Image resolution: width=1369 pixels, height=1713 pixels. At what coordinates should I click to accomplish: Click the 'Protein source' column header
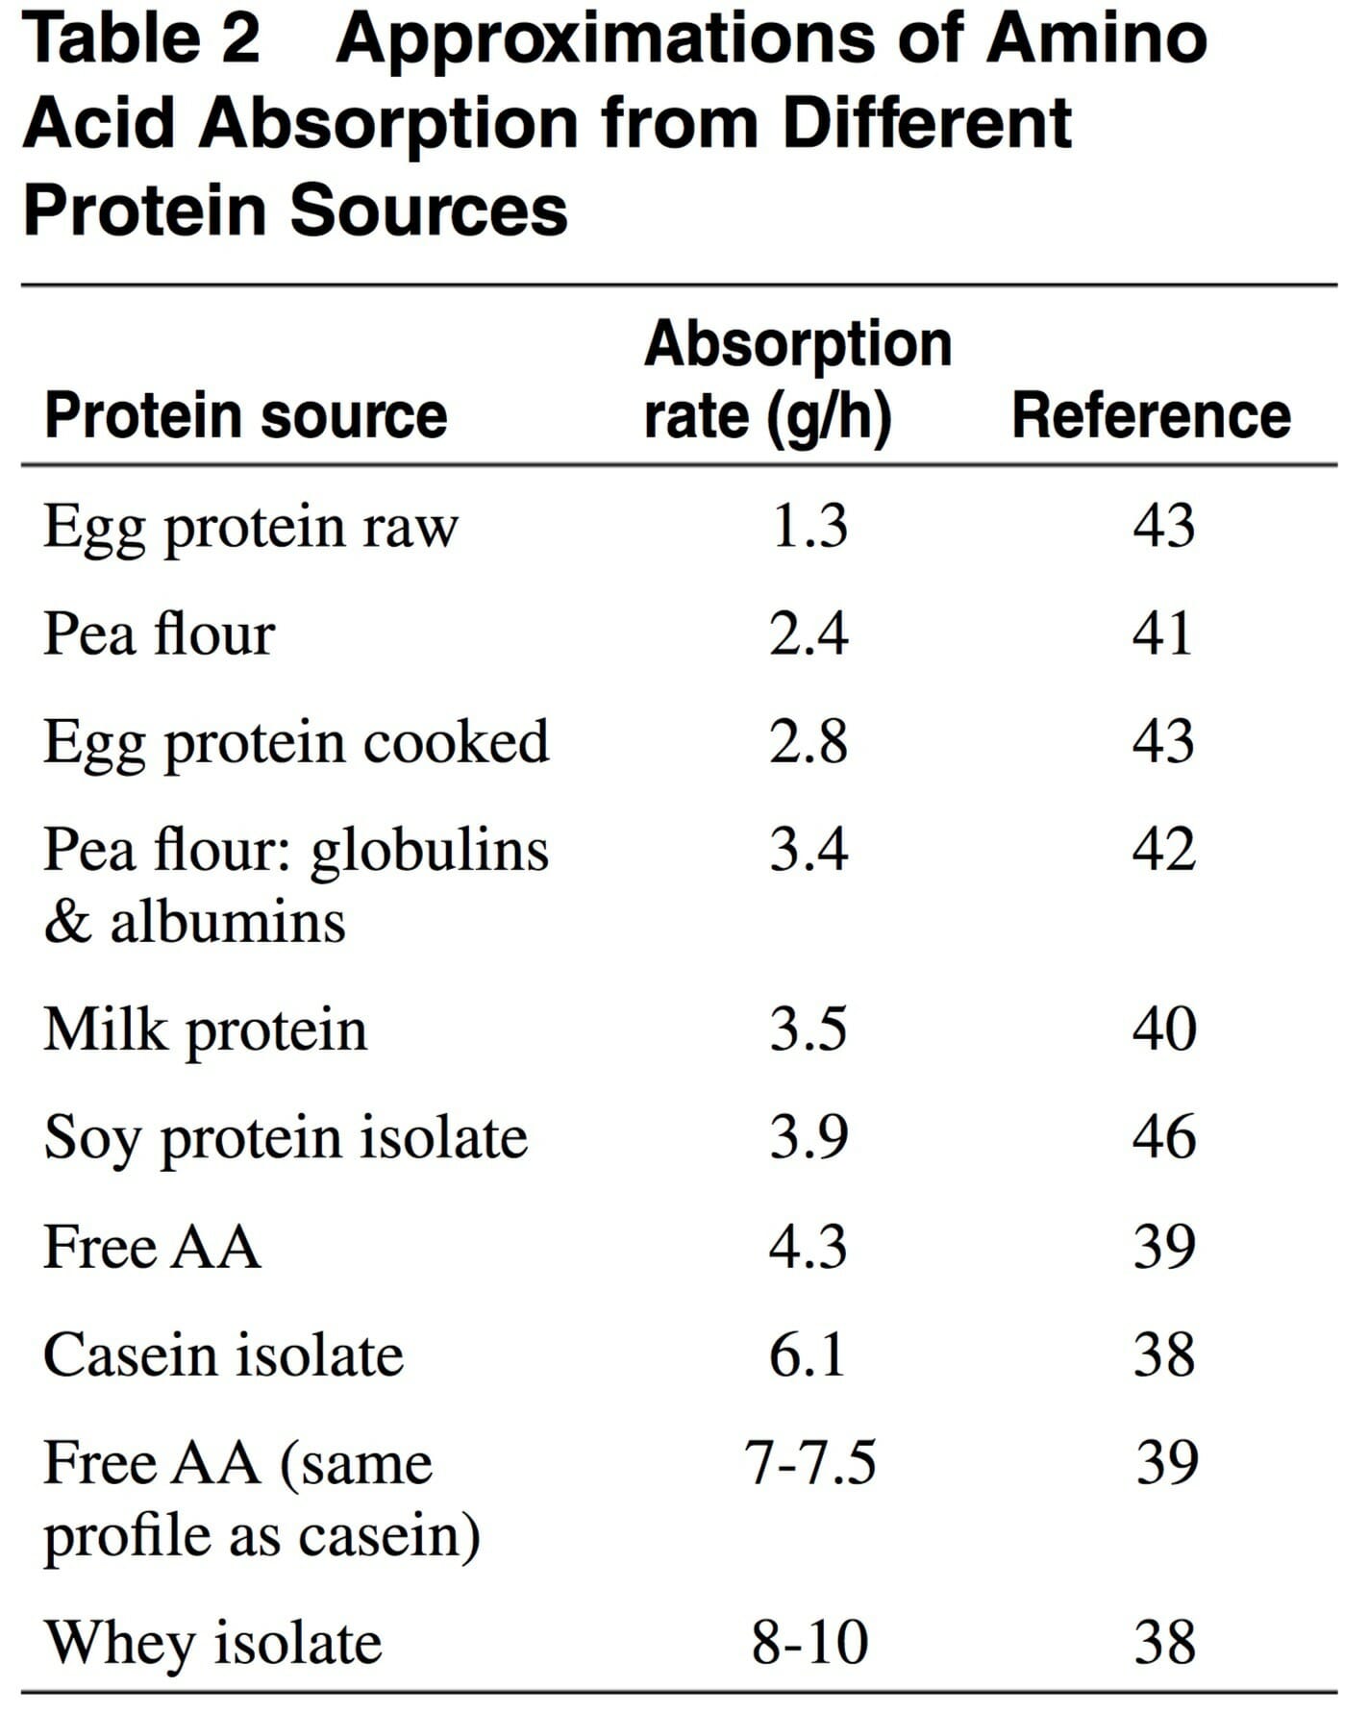245,416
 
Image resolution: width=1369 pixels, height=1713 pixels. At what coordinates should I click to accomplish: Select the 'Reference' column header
1151,416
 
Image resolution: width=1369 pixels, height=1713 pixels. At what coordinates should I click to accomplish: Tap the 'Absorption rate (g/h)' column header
796,380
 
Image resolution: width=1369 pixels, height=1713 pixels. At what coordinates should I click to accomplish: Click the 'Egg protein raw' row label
251,528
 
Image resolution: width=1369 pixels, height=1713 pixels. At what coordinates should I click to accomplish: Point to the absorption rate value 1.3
809,527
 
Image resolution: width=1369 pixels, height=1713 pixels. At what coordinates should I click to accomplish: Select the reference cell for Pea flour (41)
1162,633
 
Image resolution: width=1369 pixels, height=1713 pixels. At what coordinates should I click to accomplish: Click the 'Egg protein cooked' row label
296,743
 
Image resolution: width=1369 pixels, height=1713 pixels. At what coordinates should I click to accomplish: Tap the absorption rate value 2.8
809,742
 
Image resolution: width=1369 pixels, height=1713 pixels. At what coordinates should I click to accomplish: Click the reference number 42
1163,850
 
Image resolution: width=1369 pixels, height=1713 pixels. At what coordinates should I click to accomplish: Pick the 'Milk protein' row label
205,1030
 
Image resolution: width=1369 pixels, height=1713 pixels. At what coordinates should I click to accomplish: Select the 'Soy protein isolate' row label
286,1139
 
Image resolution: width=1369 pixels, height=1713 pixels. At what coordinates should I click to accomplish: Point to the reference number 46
1164,1137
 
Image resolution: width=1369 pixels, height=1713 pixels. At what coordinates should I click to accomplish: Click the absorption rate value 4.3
809,1247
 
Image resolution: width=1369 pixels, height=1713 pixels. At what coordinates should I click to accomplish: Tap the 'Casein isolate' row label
223,1355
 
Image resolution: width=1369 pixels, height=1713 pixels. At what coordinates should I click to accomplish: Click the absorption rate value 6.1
808,1355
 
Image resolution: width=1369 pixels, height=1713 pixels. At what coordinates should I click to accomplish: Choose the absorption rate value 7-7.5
810,1463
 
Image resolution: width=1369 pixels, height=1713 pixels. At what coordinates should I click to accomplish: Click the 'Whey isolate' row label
213,1643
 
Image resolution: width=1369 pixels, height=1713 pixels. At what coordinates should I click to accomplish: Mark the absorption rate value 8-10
810,1643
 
